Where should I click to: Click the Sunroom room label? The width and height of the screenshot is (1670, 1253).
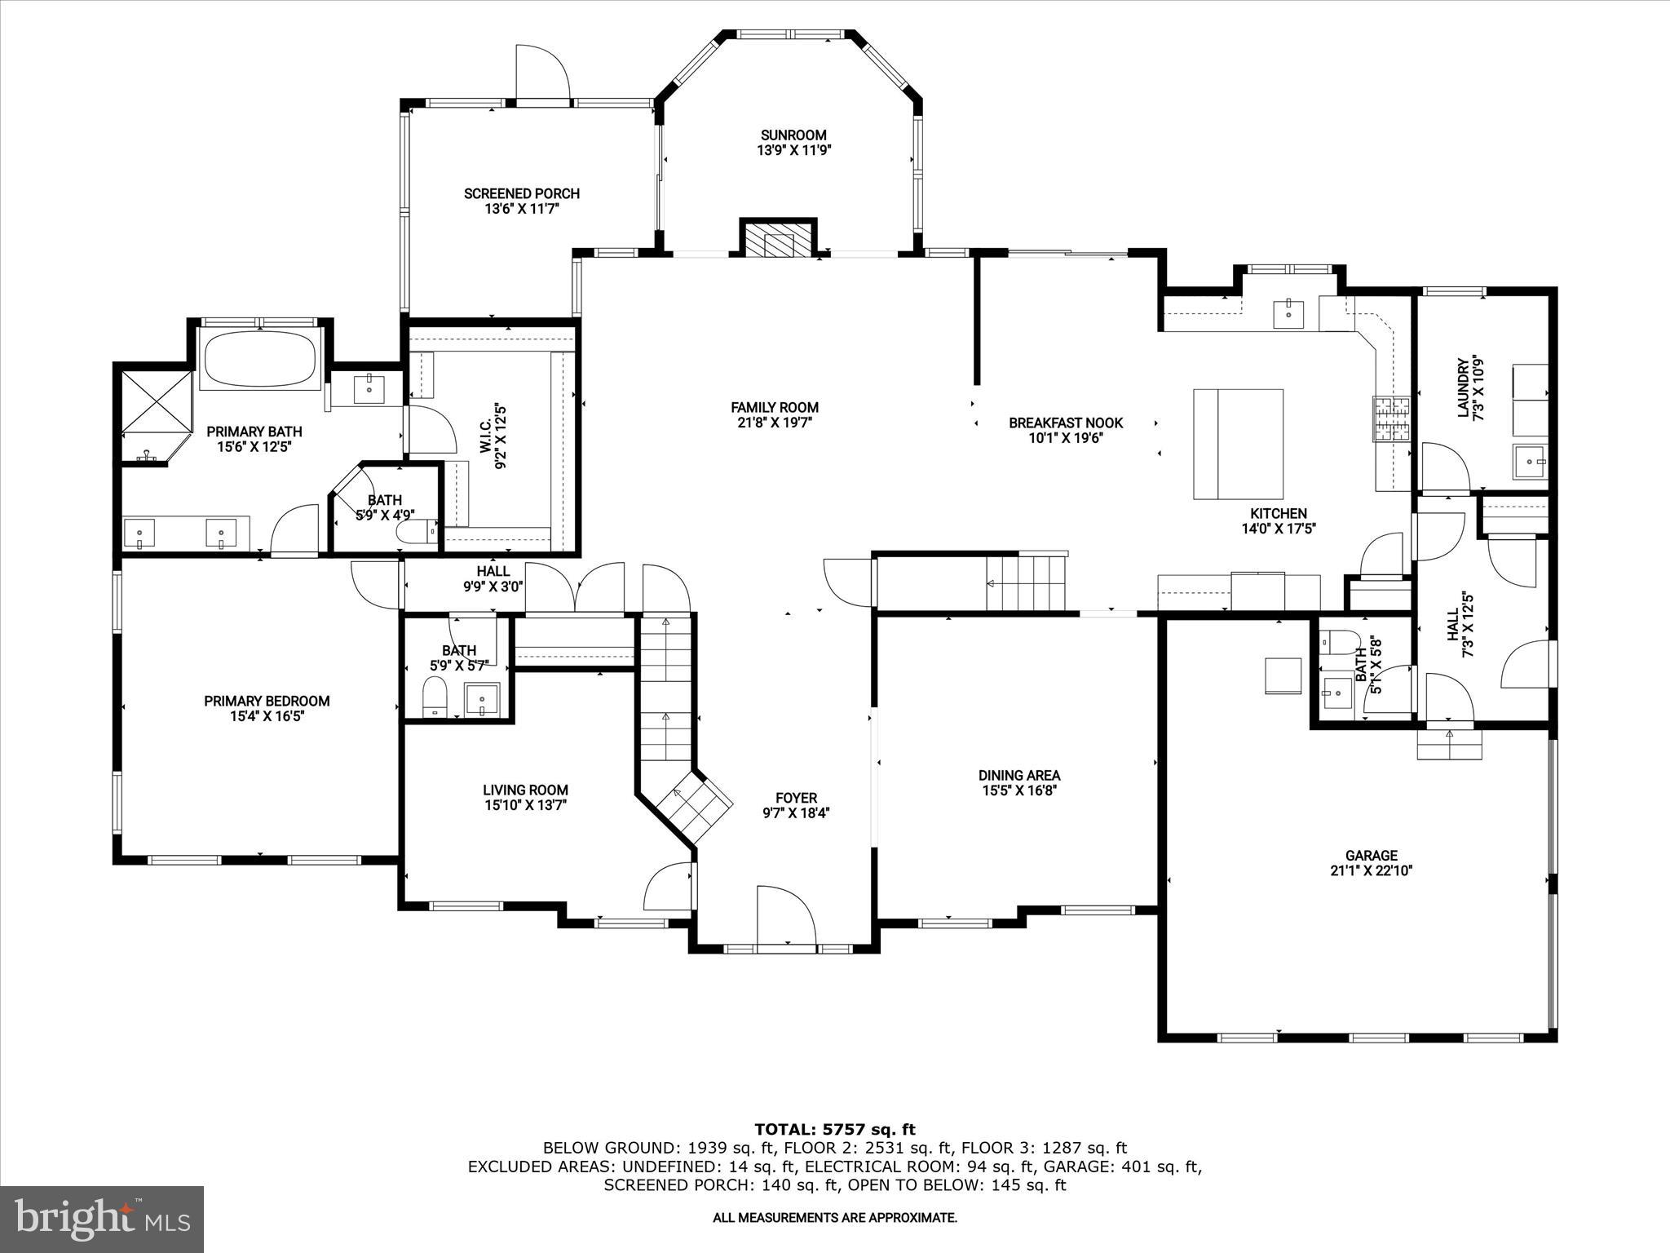[793, 135]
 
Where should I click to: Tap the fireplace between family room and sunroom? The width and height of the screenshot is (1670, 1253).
[778, 239]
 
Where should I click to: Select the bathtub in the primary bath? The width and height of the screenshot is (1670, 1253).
[260, 359]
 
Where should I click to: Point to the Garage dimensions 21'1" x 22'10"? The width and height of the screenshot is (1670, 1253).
[1371, 870]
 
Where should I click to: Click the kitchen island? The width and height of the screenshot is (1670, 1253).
[1238, 444]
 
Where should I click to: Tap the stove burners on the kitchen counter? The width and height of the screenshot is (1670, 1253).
[1391, 418]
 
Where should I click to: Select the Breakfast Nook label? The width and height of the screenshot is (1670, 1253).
[1066, 423]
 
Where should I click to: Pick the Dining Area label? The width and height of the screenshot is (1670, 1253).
[1019, 775]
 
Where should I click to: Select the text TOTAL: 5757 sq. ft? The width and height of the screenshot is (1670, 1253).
[834, 1129]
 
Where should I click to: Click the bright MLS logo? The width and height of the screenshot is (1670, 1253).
[102, 1220]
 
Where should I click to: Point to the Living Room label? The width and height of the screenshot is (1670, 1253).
[525, 790]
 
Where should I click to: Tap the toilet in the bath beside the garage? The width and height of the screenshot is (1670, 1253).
[1339, 640]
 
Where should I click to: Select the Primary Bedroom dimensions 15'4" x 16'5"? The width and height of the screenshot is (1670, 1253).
[267, 716]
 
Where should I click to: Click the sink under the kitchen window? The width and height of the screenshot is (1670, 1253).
[1288, 313]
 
